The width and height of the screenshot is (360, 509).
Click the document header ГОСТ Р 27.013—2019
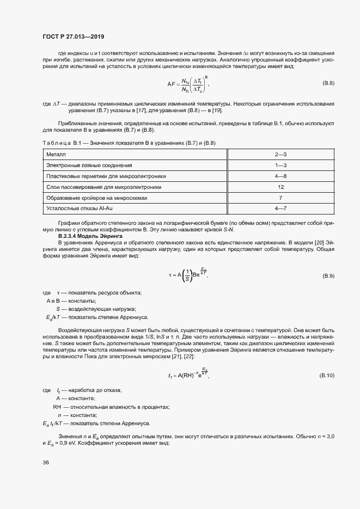click(x=73, y=37)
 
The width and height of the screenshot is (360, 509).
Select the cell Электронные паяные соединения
click(x=89, y=165)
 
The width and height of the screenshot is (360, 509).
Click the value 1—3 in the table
click(x=280, y=165)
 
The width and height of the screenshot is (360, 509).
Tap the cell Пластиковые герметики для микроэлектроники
click(x=106, y=176)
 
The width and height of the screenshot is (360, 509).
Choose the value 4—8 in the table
click(x=280, y=176)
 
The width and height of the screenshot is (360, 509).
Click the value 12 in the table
click(x=280, y=187)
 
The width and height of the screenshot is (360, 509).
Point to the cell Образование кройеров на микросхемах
click(x=97, y=198)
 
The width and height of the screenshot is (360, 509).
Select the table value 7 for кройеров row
click(x=280, y=198)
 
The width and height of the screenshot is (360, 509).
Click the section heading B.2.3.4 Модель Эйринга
click(x=91, y=236)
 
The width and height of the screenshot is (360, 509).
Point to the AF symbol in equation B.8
click(x=170, y=83)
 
